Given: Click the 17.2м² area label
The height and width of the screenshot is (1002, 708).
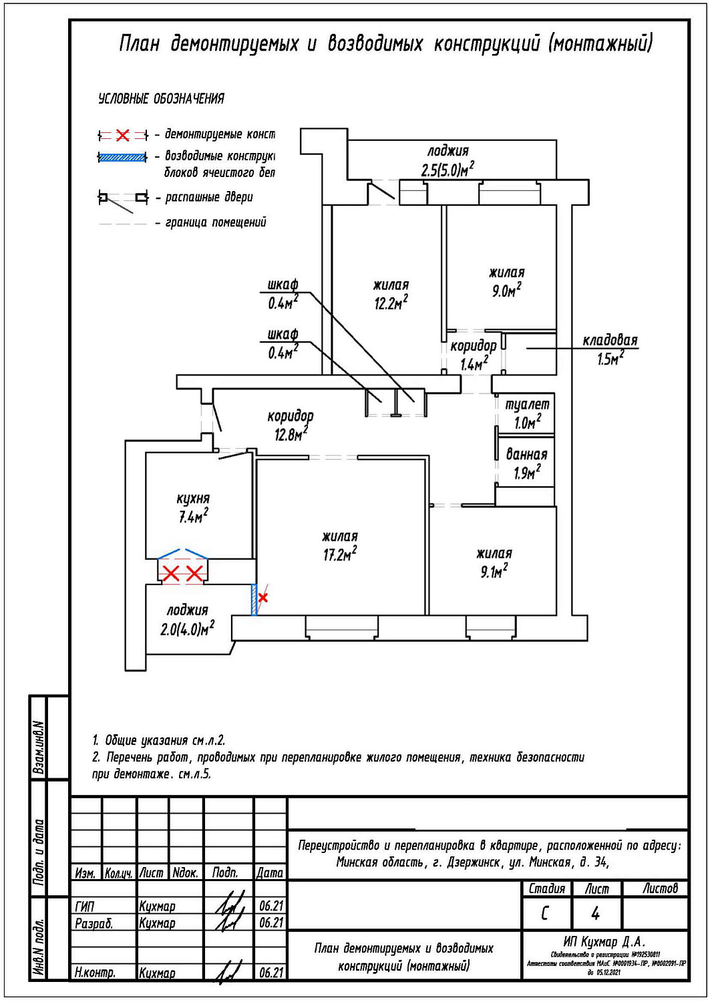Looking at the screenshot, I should pos(340,554).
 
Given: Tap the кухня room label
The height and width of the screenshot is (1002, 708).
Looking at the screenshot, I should pos(193,498).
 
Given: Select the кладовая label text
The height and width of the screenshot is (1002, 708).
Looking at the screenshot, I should pos(610,341).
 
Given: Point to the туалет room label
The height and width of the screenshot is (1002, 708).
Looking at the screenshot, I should pos(527,404).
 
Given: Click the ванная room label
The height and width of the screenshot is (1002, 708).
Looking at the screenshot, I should pos(526,454).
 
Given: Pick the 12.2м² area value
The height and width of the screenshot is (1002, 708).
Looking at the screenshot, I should pos(391,303).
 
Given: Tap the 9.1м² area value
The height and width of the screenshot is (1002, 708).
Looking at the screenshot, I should pos(494,572).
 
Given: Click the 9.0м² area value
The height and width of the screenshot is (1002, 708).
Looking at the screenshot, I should pos(507,291).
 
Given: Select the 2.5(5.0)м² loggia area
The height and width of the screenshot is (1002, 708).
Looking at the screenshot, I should pos(448,169).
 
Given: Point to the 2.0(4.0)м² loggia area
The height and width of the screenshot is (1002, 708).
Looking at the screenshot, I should pos(187,629).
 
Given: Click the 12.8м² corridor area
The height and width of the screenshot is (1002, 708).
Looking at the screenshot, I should pos(291,435).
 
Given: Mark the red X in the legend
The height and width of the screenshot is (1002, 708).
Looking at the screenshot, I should pos(123,136).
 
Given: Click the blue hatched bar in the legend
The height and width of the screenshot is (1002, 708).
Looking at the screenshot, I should pos(122,158).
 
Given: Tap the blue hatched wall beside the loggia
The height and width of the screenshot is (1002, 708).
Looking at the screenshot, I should pos(254,599).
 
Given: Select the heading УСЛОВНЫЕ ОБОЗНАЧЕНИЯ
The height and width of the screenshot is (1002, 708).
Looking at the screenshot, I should pos(161,99).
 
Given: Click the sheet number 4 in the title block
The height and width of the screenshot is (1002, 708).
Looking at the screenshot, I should pos(595,913).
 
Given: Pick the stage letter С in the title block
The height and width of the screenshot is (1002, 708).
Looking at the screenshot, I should pos(545,913).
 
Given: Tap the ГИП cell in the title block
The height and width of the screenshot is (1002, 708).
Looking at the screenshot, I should pos(85,906).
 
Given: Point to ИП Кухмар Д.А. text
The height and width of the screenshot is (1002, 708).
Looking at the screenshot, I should pos(604,942).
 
